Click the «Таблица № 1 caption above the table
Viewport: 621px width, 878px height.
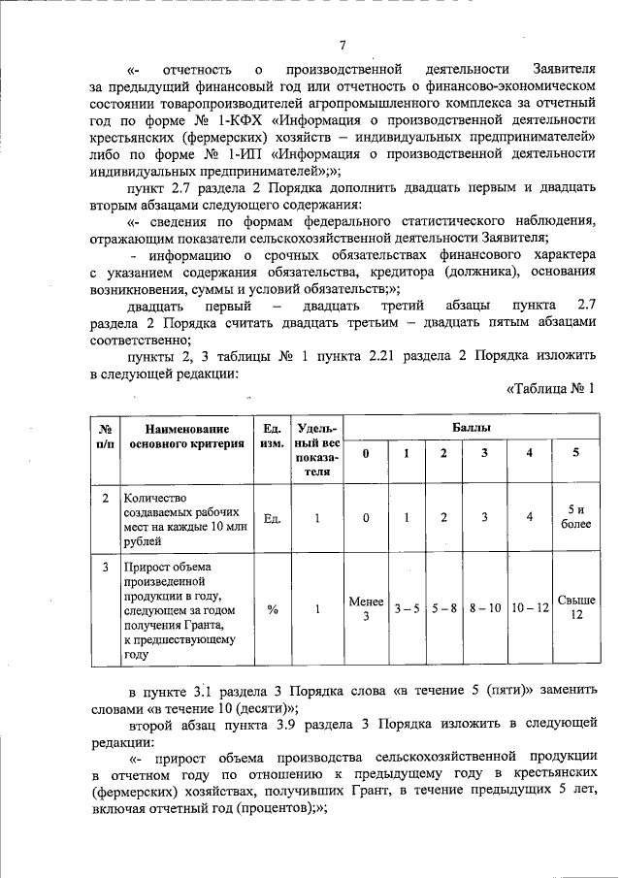point(549,390)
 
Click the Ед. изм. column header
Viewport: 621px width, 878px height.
point(273,437)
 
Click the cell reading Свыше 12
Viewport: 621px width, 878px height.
point(576,607)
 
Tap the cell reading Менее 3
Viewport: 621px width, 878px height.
point(366,608)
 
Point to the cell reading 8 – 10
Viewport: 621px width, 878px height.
point(485,608)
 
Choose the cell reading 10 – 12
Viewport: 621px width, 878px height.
point(530,608)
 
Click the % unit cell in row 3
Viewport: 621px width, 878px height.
point(273,608)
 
